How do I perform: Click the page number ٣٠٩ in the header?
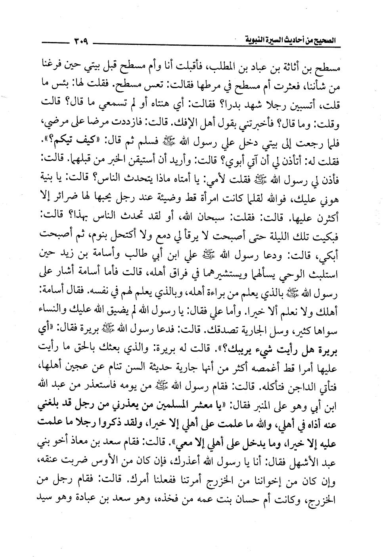pos(81,40)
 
